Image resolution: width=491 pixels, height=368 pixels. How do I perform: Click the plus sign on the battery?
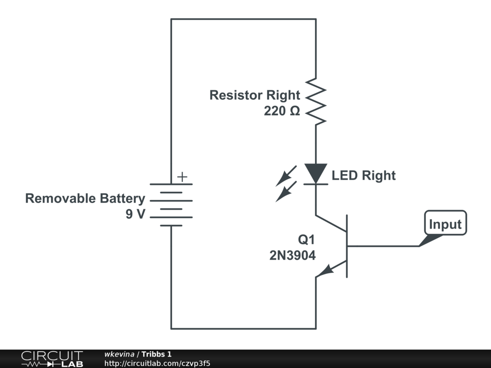(182, 177)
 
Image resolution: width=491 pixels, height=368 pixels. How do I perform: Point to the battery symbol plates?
(171, 205)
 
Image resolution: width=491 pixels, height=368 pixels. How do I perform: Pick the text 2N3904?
(292, 256)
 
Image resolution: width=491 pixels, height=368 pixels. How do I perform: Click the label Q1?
(306, 239)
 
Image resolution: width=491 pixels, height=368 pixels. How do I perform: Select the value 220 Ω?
(282, 111)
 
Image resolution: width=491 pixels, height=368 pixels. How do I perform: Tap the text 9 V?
(135, 214)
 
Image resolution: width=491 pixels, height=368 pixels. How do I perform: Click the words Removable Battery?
(85, 198)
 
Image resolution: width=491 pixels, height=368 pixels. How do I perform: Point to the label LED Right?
(363, 175)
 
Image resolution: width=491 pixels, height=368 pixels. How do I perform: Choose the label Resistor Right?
(255, 95)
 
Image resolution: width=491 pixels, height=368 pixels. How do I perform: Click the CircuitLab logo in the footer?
(51, 359)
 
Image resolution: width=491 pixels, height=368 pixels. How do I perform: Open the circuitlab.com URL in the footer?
(157, 363)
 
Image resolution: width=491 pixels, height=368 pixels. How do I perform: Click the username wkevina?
(119, 354)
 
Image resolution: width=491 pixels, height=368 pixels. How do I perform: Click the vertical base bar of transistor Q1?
(347, 246)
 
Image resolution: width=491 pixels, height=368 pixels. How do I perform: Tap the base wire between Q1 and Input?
(384, 246)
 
